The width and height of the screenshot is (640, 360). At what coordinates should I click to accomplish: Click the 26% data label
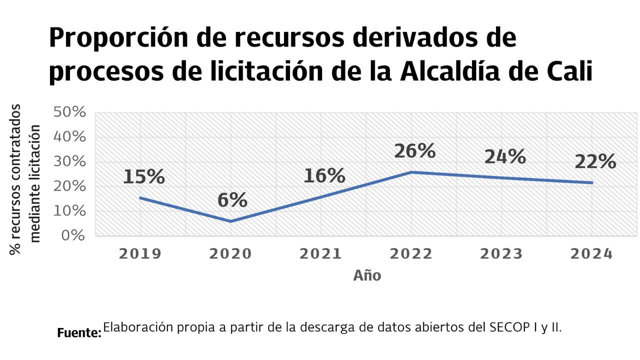[414, 151]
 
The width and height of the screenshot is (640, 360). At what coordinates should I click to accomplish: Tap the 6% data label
[232, 200]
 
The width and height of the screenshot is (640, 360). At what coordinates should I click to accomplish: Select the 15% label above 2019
[144, 176]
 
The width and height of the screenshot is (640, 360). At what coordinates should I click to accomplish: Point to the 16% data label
[324, 175]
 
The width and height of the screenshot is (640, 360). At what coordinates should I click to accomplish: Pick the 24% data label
[505, 157]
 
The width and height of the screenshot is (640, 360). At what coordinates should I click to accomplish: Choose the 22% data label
[595, 161]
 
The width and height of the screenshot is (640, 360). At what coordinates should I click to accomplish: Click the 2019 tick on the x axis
[140, 253]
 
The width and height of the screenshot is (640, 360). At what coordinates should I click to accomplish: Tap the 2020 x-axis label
[230, 253]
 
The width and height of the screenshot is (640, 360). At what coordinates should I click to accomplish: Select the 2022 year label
[411, 253]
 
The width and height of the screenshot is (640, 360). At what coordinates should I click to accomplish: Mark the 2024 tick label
[591, 253]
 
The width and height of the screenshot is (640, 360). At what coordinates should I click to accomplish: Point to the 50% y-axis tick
[69, 112]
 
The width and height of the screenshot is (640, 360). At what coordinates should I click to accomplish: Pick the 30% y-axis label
[69, 161]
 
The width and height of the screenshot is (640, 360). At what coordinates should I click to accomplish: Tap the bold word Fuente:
[79, 332]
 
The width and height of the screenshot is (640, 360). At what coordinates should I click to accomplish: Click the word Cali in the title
[568, 71]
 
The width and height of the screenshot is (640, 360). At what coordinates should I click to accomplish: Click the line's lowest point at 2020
[230, 221]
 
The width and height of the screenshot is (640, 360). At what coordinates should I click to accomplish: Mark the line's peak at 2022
[411, 172]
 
